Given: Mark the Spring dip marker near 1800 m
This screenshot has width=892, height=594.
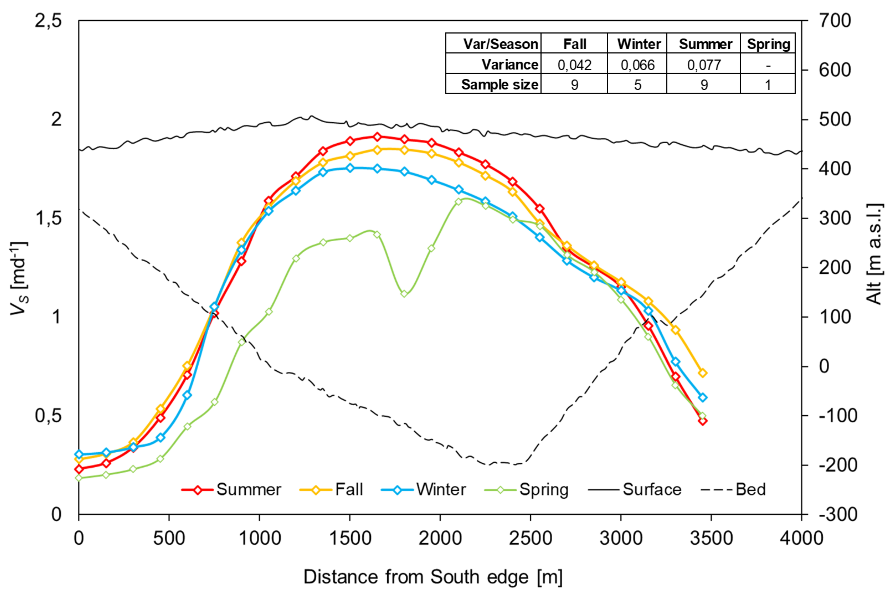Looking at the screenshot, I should point(404,294).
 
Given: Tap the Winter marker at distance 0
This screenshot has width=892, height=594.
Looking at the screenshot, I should point(79,454).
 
